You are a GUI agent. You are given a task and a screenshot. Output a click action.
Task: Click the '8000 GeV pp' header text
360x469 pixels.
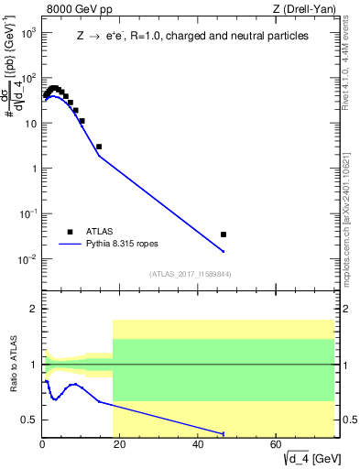[x=78, y=11]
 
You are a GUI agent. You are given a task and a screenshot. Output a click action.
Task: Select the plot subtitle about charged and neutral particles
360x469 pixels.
[x=192, y=37]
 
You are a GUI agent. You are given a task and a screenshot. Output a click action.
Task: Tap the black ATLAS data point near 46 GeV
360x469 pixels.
[x=224, y=234]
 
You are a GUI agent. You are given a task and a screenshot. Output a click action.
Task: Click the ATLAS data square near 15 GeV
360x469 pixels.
[x=99, y=147]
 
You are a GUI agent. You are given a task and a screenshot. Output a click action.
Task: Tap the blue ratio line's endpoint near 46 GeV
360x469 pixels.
[x=224, y=433]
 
